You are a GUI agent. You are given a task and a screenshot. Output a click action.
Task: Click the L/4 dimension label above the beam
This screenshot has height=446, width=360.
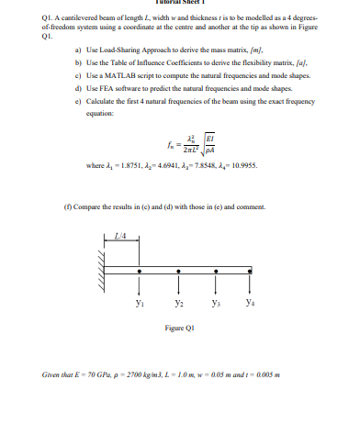click(119, 240)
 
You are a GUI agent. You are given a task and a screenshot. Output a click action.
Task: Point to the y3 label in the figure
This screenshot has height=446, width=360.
click(215, 300)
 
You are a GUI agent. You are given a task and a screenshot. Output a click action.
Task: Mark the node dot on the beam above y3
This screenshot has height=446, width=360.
click(214, 272)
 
